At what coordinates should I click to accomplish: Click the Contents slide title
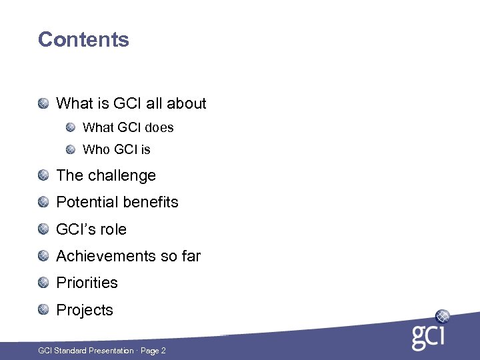point(83,39)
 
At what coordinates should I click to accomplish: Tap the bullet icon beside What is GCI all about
point(43,103)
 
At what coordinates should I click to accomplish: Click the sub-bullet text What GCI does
point(128,127)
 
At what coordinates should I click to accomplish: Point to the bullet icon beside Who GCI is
point(70,149)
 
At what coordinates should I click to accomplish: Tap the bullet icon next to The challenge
point(43,175)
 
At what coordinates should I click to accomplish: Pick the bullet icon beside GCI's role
point(43,229)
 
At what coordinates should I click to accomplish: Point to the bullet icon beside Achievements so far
point(43,256)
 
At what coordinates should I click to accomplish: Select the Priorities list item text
point(87,283)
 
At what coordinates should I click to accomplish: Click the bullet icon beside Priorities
point(43,283)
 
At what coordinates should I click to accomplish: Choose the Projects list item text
point(85,310)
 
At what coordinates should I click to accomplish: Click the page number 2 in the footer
point(163,351)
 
